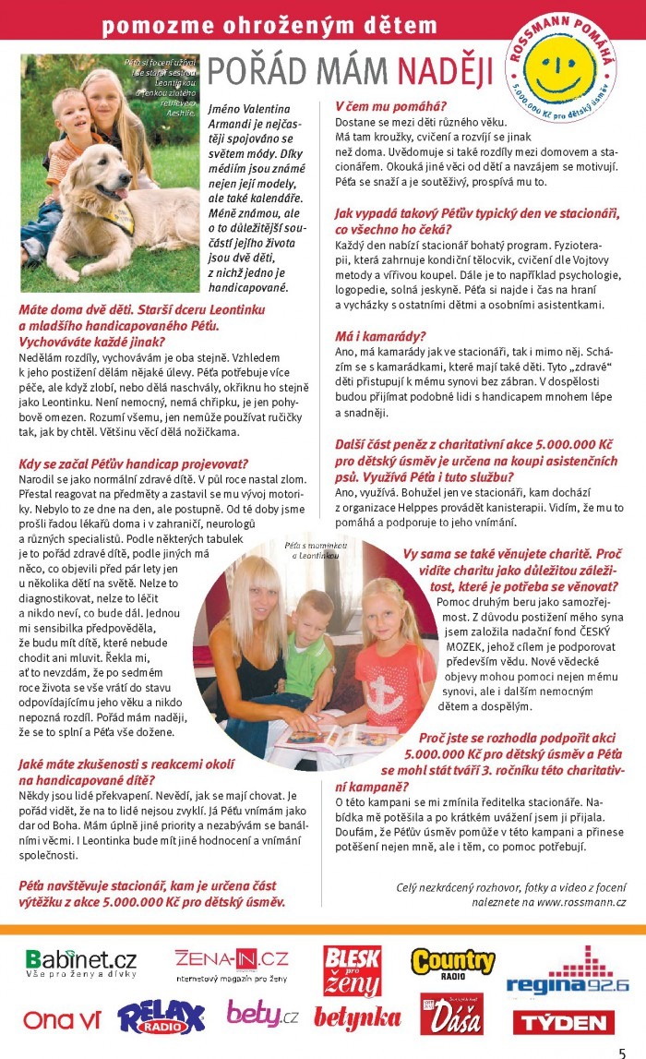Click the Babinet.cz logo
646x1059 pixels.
(81, 965)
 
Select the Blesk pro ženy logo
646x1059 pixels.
(352, 970)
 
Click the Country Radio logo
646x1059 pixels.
(452, 966)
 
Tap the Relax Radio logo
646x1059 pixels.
(161, 1017)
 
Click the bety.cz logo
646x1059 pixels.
(262, 1016)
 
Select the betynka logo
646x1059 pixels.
(357, 1018)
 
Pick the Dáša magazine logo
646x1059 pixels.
(451, 1015)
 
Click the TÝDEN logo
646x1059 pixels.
(563, 1021)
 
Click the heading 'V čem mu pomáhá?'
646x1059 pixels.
(390, 105)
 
